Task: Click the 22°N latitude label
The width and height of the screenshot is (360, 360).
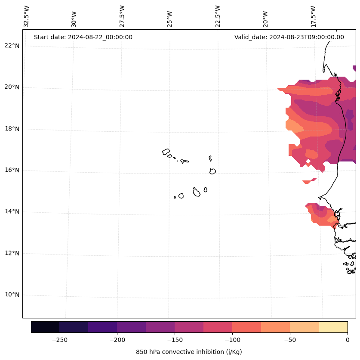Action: tap(12, 46)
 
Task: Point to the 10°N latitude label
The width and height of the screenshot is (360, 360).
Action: tap(12, 295)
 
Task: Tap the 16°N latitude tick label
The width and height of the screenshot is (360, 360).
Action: tap(12, 170)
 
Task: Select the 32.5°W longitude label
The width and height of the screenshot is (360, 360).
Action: tap(27, 16)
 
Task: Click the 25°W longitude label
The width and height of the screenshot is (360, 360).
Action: tap(170, 16)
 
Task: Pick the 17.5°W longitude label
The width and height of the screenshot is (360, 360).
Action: tap(314, 16)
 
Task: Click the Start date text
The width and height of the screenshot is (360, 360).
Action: tap(83, 37)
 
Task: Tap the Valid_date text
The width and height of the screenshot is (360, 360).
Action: tap(289, 37)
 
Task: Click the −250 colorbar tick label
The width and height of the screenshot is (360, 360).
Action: tap(59, 340)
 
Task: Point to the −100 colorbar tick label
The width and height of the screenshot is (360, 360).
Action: tap(232, 340)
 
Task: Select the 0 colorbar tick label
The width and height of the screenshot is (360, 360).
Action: tap(348, 340)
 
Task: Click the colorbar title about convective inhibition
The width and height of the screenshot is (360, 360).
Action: tap(189, 352)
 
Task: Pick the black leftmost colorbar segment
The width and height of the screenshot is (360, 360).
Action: tap(45, 327)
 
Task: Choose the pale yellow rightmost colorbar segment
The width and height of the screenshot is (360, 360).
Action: tap(333, 327)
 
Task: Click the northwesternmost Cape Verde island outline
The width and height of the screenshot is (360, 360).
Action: tap(166, 152)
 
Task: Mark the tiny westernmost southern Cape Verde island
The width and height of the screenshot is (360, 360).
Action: tap(175, 197)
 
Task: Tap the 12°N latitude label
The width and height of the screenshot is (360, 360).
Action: tap(12, 253)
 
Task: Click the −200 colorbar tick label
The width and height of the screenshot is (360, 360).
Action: tap(117, 340)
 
